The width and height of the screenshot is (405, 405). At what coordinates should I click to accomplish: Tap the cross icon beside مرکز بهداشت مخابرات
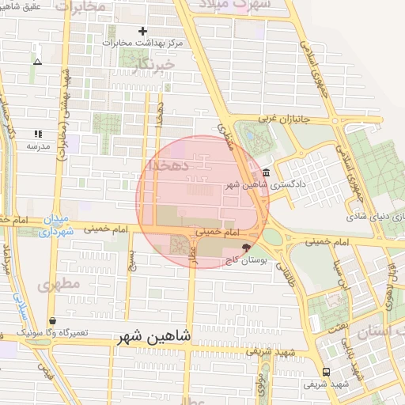point(142,31)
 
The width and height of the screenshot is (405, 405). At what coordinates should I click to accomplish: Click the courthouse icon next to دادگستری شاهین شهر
point(265,173)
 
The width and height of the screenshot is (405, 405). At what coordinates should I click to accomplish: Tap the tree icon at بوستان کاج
point(255,248)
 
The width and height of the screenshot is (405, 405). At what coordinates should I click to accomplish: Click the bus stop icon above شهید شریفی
point(326,372)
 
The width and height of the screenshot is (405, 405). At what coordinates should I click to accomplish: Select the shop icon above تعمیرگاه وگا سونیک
point(53,320)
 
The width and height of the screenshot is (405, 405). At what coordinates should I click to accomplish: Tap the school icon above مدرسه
point(37,134)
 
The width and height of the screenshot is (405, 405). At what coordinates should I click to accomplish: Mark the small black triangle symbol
point(37,61)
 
